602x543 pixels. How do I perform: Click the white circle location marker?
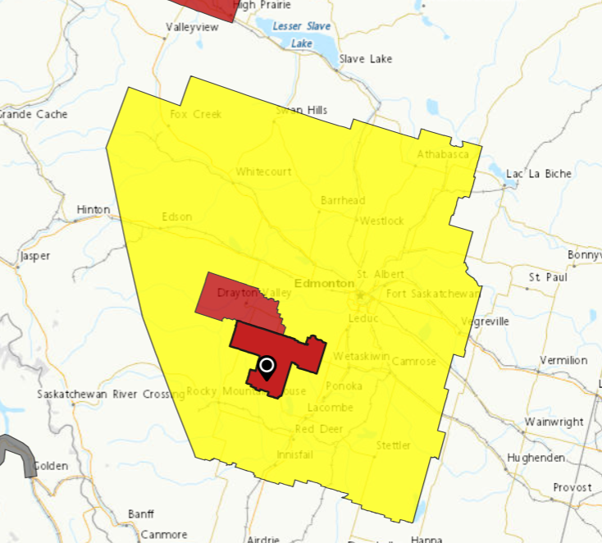tap(267, 366)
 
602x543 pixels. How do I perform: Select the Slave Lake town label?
tap(366, 59)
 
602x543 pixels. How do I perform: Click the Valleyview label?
tap(193, 27)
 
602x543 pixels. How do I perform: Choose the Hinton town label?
tap(93, 210)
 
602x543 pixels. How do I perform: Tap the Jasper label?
tap(34, 256)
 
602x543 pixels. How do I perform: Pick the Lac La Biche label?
tap(539, 174)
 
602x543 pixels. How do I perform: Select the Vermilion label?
tap(564, 360)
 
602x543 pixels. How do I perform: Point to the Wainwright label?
tap(555, 422)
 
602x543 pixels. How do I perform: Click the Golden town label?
tap(51, 466)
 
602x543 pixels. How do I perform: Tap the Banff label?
tap(140, 514)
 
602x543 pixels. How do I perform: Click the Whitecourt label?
tap(263, 172)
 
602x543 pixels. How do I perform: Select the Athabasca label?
tap(442, 154)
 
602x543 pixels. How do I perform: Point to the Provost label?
tap(572, 487)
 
